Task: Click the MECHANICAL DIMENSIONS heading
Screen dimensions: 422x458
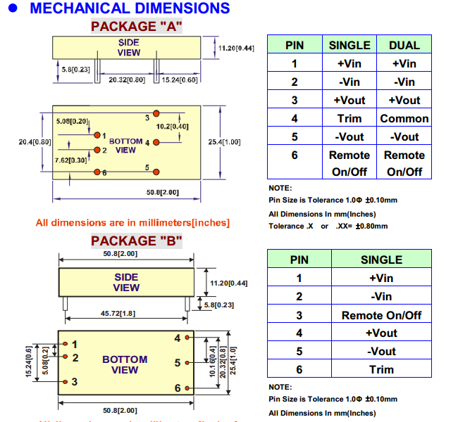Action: point(130,9)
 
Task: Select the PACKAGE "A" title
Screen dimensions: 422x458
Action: point(137,27)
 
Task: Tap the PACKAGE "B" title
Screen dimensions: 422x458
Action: point(137,241)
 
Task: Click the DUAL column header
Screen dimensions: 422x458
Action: point(404,45)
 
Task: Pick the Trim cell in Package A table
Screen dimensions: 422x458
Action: point(349,118)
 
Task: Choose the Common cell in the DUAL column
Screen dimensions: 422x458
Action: point(404,118)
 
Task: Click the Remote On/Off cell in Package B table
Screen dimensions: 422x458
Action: point(381,315)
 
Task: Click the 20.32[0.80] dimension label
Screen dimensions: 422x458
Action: point(127,80)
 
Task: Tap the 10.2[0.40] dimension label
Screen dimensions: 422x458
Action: point(172,127)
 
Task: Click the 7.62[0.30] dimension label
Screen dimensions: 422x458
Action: point(71,160)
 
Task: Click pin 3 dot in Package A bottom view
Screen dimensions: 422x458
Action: point(156,113)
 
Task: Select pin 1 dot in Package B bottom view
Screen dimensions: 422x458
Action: point(65,344)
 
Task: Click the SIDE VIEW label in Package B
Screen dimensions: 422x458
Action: point(127,282)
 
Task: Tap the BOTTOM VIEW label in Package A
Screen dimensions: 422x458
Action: point(125,146)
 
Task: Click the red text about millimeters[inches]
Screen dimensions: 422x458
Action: point(132,223)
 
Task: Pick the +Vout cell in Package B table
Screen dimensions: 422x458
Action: point(381,333)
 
